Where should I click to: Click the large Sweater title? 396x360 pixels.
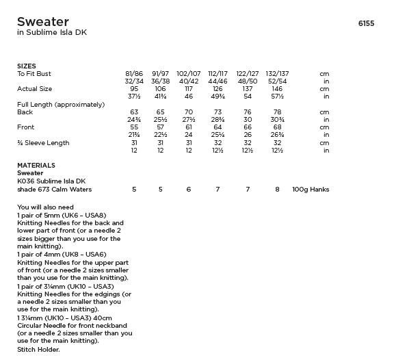coord(43,22)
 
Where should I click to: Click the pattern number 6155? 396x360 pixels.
coord(366,23)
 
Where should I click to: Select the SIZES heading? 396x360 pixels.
coord(27,66)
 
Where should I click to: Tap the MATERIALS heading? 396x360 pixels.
coord(36,166)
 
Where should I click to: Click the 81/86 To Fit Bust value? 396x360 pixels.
coord(134,73)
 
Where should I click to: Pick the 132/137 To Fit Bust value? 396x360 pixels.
coord(277,73)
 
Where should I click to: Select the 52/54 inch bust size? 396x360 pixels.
coord(277,81)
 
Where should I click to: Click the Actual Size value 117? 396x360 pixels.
coord(189,89)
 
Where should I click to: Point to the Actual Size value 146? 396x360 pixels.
coord(277,89)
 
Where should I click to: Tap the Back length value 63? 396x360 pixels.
coord(134,112)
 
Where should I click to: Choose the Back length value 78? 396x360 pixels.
coord(277,112)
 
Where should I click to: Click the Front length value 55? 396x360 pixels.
coord(134,127)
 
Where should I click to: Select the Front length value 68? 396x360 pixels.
coord(277,127)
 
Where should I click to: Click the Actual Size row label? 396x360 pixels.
coord(34,89)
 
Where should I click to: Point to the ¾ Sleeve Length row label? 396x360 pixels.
coord(43,143)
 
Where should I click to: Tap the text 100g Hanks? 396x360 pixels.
coord(311,189)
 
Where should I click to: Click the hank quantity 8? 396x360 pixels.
coord(277,189)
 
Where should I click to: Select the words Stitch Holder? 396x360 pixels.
coord(38,350)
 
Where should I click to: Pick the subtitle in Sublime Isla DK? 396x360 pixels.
coord(52,33)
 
